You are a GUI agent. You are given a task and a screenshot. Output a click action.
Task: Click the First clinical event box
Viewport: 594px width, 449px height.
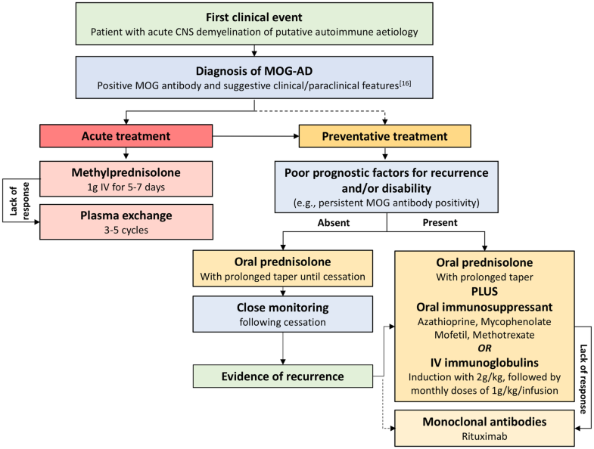pos(255,25)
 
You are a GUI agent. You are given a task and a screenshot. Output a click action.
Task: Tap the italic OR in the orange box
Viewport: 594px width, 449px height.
pos(484,348)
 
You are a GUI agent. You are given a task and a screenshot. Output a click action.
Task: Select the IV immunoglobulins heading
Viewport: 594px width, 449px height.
pos(484,362)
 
